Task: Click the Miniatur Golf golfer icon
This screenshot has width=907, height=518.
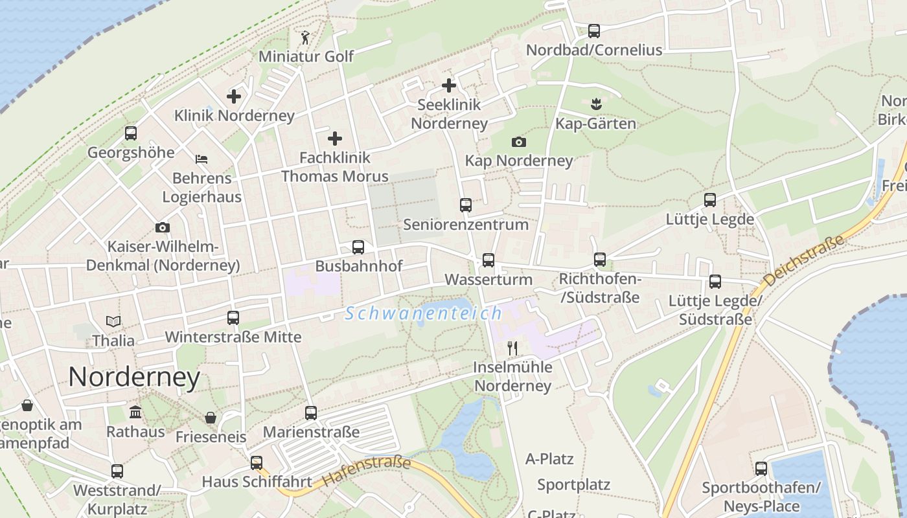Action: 305,38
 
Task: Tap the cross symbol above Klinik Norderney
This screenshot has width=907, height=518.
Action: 234,96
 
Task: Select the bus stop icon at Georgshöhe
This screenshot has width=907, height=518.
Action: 131,133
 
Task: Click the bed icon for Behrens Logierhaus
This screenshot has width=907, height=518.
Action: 201,159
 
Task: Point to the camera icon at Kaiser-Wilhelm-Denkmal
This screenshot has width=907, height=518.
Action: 163,227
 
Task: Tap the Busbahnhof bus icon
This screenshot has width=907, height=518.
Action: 358,247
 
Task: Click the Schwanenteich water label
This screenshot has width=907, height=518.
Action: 424,314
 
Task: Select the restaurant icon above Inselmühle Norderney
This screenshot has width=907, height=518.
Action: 512,348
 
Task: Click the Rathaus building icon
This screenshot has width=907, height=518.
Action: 135,412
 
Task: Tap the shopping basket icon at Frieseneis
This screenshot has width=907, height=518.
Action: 211,418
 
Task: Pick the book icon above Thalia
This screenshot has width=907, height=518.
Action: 113,321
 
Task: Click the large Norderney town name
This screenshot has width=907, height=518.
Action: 134,377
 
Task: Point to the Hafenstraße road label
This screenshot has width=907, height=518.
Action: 367,471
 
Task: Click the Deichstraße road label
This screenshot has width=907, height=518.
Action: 805,261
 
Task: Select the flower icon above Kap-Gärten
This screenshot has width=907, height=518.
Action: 595,103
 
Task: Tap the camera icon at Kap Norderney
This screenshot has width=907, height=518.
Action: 519,142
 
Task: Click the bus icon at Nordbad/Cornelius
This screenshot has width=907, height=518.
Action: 594,30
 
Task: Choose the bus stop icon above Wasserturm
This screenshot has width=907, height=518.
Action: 488,260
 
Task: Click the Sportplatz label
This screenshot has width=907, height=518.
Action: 573,484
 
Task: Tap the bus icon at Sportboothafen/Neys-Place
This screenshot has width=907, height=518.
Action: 761,468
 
